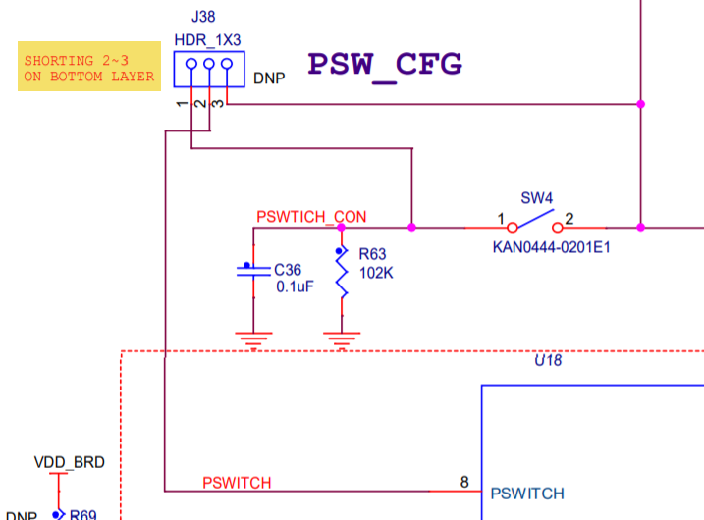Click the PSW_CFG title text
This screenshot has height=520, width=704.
click(x=384, y=64)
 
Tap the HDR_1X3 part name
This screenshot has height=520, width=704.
click(x=207, y=39)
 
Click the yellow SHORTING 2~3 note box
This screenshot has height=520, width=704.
click(x=89, y=67)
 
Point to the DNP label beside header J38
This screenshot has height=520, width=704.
click(x=269, y=78)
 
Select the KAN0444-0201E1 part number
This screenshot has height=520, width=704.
click(x=551, y=247)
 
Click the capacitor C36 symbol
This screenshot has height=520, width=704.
click(x=253, y=270)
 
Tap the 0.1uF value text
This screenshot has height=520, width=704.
click(x=294, y=286)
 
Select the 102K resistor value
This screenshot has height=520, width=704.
click(x=375, y=274)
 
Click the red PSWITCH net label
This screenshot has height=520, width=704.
click(x=237, y=483)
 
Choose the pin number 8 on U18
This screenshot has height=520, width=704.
click(x=464, y=482)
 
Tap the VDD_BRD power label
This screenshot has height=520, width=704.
click(x=69, y=462)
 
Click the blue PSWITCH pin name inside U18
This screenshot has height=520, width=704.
click(x=527, y=494)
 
